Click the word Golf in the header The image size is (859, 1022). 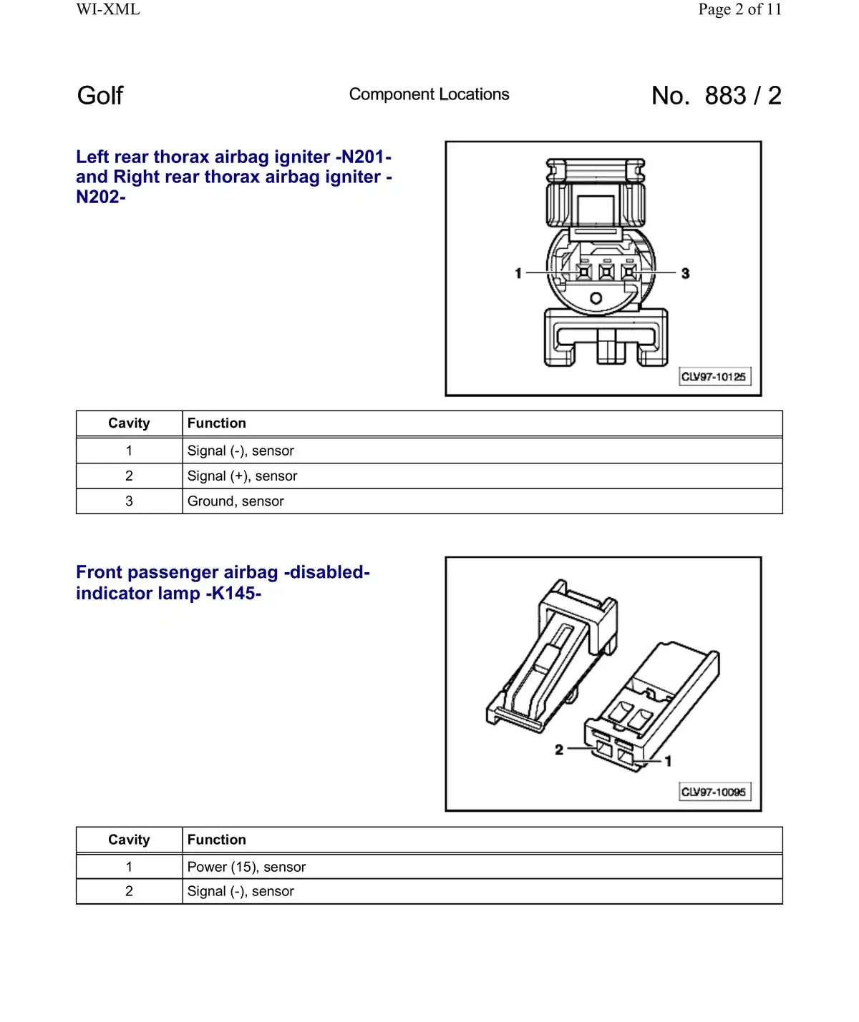point(100,96)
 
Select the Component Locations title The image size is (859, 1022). point(429,94)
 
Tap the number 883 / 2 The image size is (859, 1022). point(742,96)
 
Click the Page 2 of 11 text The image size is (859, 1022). point(739,9)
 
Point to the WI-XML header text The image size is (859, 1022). point(108,9)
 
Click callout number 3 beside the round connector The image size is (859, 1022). point(685,273)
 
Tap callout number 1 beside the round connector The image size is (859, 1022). point(518,273)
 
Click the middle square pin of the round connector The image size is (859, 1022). point(606,272)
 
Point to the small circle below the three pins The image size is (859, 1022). point(596,298)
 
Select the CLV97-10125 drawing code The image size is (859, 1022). point(714,377)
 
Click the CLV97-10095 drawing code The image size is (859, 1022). point(714,792)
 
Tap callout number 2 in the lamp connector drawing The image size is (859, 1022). point(559,750)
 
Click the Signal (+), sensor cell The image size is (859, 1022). point(242,476)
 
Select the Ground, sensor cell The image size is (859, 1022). point(236,501)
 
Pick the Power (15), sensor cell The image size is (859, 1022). point(246,867)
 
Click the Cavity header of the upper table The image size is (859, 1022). point(129,423)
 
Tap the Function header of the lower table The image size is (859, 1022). point(216,840)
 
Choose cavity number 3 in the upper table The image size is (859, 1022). point(129,501)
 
